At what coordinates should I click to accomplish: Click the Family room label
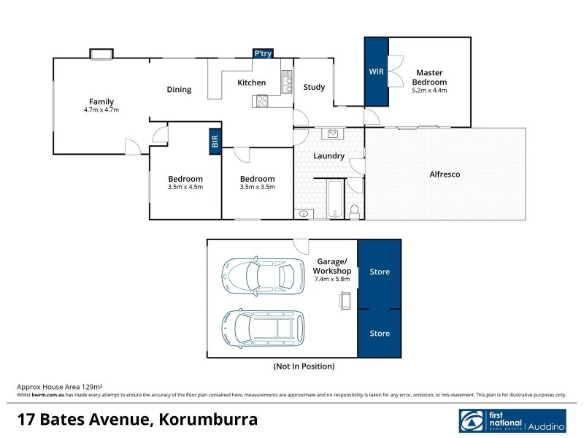tap(101, 101)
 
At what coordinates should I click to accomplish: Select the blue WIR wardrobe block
tap(377, 72)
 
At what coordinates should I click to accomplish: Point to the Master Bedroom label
tap(430, 77)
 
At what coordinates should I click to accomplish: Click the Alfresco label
tap(445, 174)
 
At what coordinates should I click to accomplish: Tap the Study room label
tap(314, 87)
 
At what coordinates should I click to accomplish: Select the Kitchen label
tap(251, 82)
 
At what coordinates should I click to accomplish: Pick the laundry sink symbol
tap(334, 134)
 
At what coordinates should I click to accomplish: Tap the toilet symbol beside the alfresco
tap(355, 212)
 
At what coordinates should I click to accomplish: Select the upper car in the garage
tap(262, 275)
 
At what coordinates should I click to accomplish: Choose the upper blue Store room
tap(380, 272)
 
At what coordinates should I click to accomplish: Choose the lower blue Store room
tap(380, 333)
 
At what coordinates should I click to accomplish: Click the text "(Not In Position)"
tap(304, 366)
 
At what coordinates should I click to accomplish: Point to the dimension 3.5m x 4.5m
tap(185, 187)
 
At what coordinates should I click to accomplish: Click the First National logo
tap(513, 422)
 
